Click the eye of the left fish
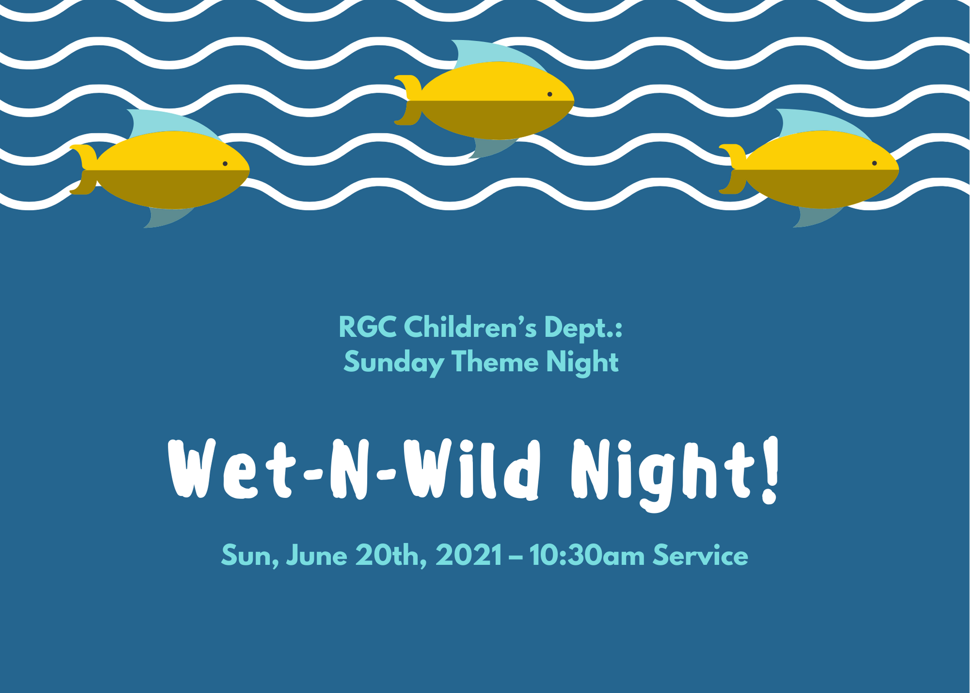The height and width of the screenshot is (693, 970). [x=225, y=164]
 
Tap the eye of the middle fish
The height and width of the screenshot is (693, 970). [x=550, y=94]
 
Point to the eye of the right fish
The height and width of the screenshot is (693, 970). [x=874, y=163]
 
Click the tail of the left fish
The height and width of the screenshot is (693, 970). [x=83, y=169]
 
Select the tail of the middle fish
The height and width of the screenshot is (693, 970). [x=408, y=100]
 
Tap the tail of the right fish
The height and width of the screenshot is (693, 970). [x=733, y=169]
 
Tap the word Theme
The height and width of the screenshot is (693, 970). [x=495, y=362]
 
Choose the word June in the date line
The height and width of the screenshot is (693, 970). [x=317, y=556]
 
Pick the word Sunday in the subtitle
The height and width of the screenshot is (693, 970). [x=394, y=363]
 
